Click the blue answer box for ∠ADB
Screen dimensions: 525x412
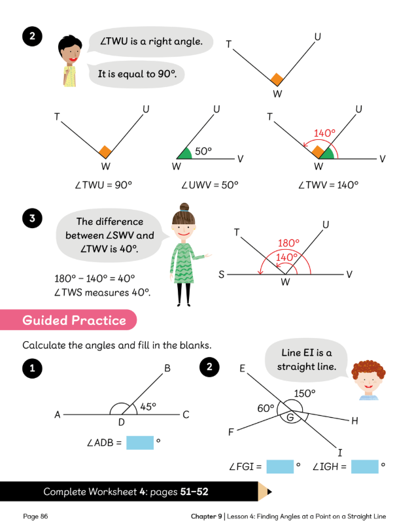[x=139, y=443]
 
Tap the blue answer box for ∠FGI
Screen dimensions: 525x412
[x=279, y=467]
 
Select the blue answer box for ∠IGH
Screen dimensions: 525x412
[x=365, y=467]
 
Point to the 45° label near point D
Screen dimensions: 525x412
[x=148, y=407]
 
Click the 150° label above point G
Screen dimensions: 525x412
[x=305, y=393]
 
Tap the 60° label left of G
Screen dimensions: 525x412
[x=266, y=408]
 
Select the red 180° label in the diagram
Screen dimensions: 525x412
[x=288, y=243]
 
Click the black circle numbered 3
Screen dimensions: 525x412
[x=31, y=218]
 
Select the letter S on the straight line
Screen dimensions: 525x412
[x=222, y=275]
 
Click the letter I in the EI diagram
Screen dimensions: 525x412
[x=339, y=452]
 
